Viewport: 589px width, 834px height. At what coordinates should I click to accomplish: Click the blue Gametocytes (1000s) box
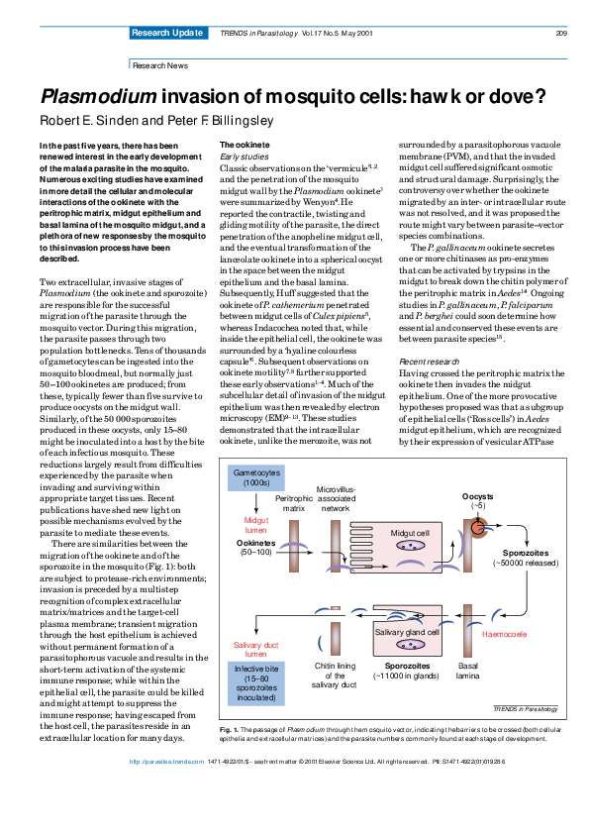257,483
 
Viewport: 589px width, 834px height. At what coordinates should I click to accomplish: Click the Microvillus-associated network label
336,497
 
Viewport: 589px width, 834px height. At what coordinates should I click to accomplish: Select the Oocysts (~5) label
479,500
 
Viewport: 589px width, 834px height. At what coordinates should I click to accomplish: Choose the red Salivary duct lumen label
256,649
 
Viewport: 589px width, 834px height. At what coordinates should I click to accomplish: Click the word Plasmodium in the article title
97,97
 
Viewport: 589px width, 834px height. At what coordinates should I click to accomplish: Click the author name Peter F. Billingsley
209,122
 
